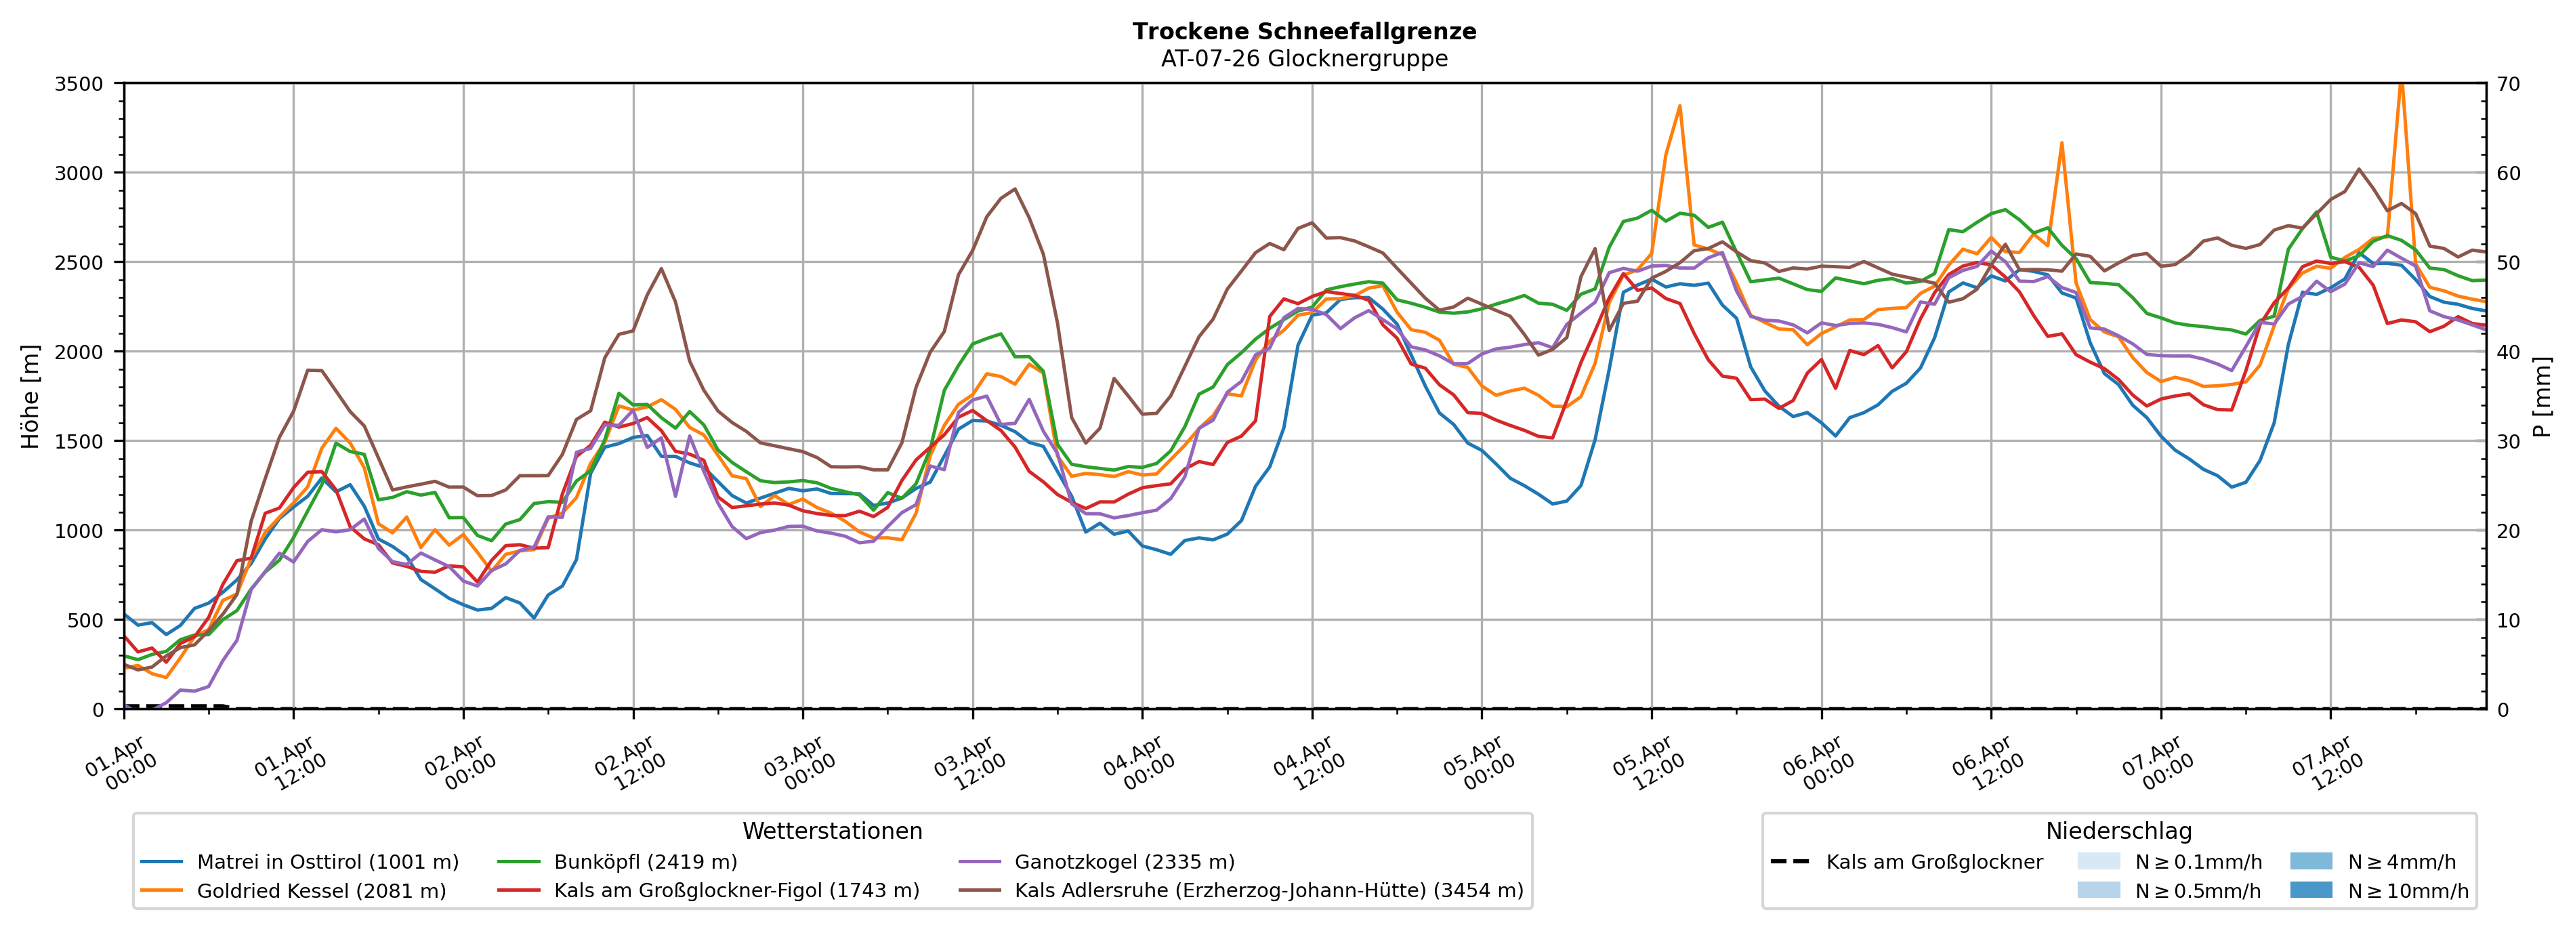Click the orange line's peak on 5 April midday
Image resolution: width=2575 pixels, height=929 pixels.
(x=1679, y=105)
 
